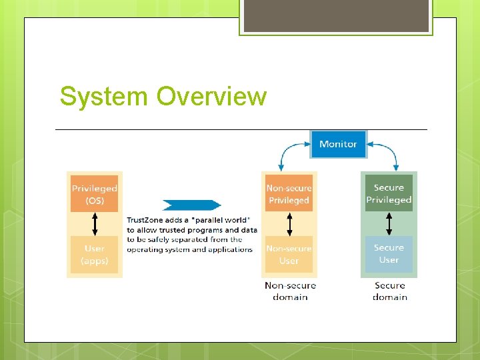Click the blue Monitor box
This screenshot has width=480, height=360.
tap(338, 144)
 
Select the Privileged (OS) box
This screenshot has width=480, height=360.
tap(95, 193)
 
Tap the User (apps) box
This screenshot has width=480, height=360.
tap(95, 255)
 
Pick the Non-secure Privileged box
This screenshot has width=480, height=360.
tap(289, 194)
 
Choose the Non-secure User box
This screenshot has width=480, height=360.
tap(289, 255)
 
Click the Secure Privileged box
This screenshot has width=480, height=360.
tap(389, 194)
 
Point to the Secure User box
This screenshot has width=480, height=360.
tap(389, 254)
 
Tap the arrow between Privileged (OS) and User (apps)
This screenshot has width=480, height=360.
tap(95, 224)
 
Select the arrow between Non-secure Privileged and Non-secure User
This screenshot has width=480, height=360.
tap(289, 224)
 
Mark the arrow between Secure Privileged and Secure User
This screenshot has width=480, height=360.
tap(389, 224)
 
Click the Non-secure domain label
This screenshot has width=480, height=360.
tap(290, 291)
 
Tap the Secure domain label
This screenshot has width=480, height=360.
tap(390, 291)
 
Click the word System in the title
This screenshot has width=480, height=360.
tap(104, 96)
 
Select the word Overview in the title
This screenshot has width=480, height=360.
tap(211, 96)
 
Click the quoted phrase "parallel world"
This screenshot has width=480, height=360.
tap(221, 219)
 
